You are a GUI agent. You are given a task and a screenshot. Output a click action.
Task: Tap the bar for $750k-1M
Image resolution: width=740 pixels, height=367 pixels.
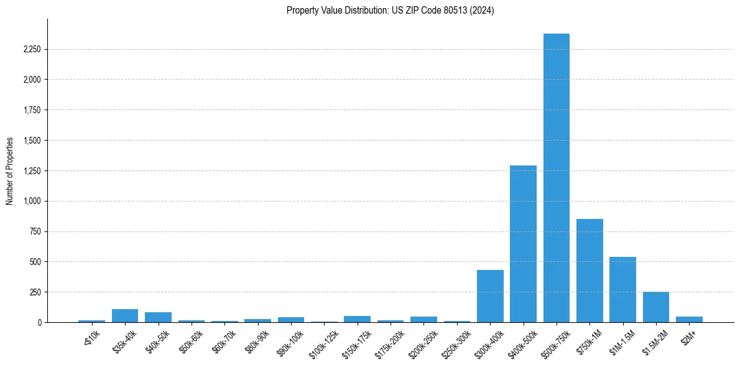pos(590,271)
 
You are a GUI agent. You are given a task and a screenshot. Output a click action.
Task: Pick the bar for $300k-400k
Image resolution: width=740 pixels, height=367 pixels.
pos(490,296)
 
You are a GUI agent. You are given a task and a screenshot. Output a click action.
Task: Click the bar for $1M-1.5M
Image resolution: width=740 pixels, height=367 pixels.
pos(622,290)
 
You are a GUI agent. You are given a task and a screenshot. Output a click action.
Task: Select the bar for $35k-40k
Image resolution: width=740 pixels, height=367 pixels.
pos(125,316)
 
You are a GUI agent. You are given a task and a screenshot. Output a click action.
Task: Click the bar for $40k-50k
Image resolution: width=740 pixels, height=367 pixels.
pos(158,317)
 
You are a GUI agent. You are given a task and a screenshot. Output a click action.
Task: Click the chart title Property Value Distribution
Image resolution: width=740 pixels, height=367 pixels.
pos(390,11)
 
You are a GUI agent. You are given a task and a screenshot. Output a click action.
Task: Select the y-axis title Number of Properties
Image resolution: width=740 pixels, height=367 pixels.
pos(10,171)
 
